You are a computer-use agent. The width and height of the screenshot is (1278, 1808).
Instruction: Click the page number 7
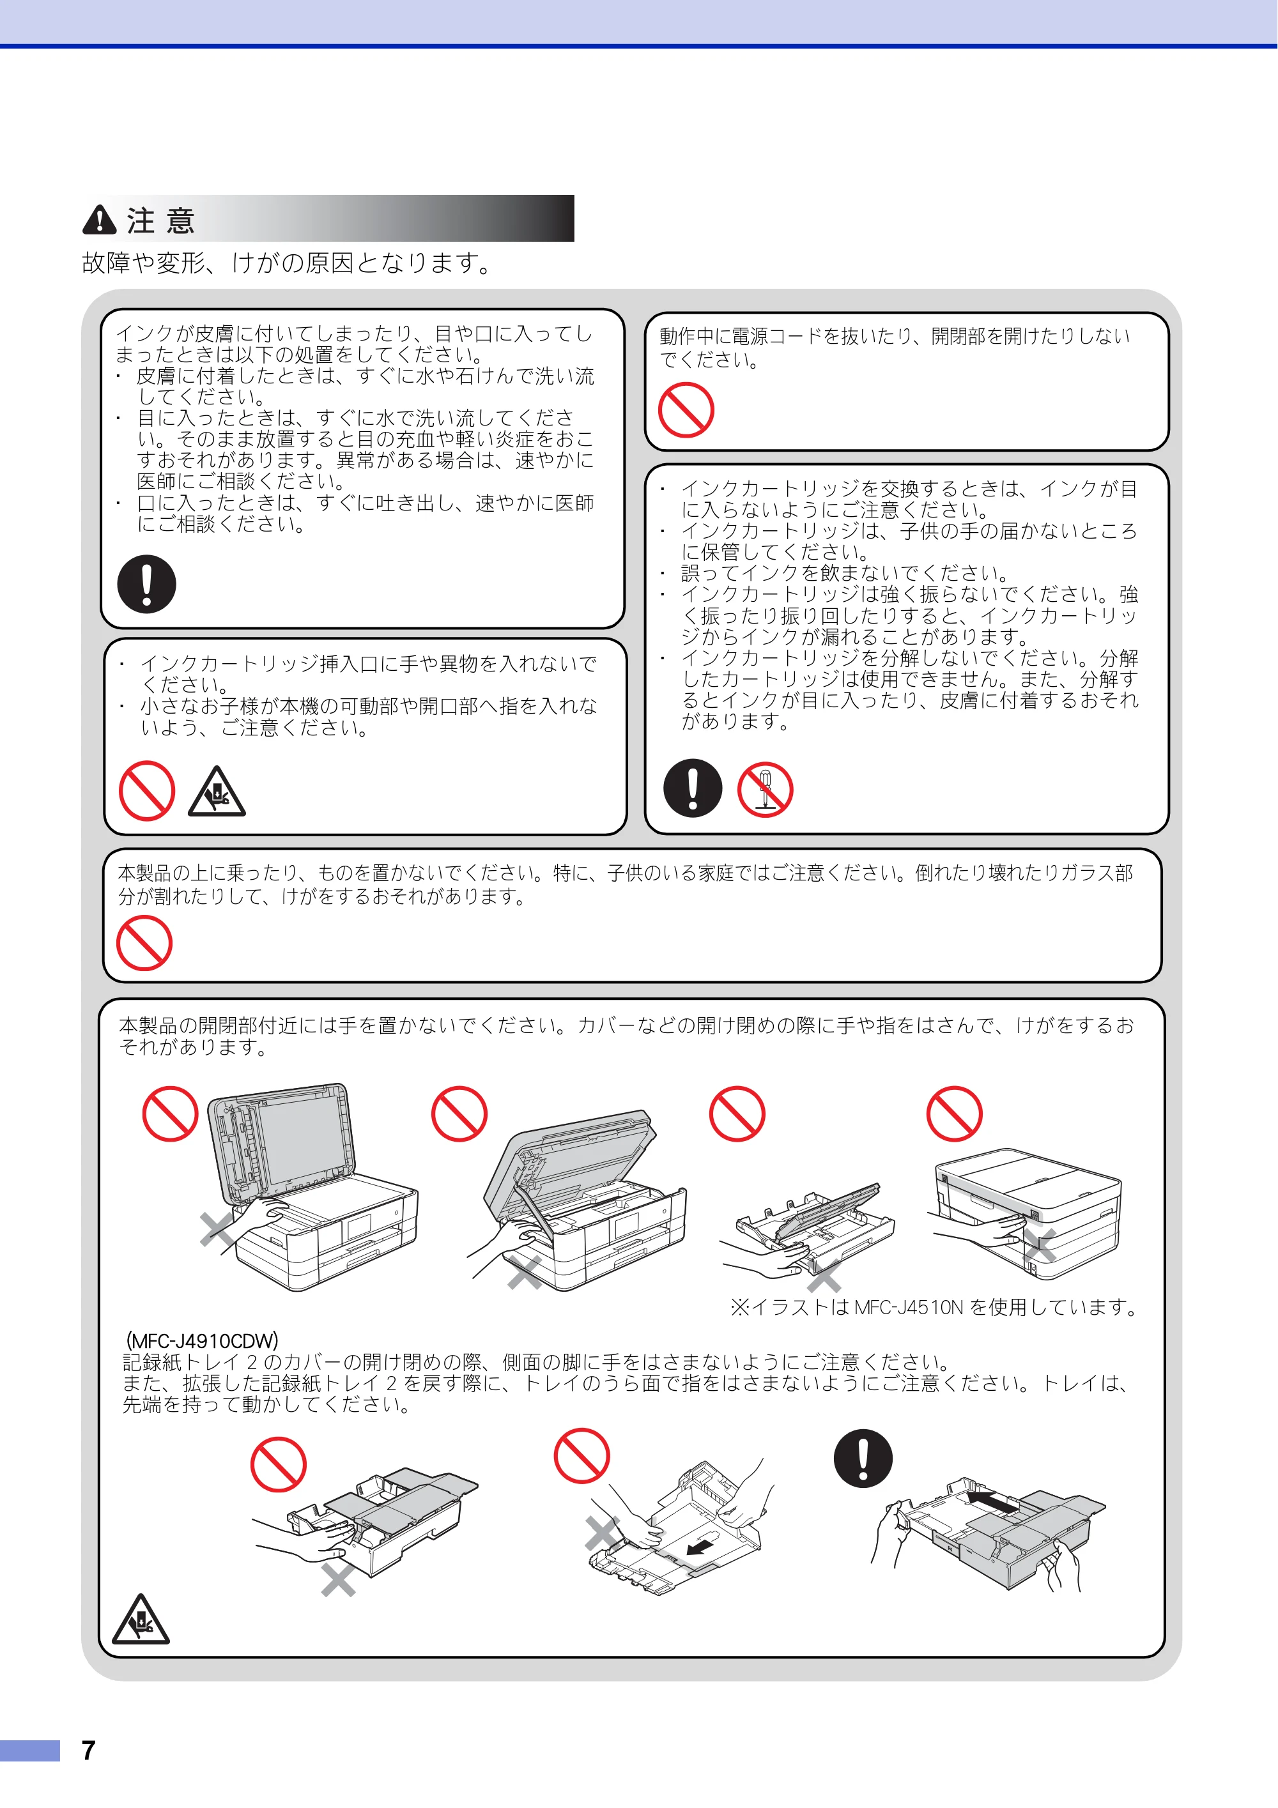click(88, 1751)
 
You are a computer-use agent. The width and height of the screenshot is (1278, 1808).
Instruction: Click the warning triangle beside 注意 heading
click(99, 220)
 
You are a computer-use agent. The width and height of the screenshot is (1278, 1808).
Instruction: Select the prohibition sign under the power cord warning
click(686, 410)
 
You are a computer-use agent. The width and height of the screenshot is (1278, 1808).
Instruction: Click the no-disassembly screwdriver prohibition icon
click(766, 790)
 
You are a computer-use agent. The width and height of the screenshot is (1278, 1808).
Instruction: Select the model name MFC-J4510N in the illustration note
click(909, 1308)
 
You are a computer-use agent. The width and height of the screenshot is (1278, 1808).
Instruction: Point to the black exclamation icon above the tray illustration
click(863, 1459)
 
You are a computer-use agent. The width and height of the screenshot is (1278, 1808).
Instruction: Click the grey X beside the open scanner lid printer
click(216, 1230)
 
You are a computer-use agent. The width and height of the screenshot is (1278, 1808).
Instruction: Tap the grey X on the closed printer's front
click(1040, 1244)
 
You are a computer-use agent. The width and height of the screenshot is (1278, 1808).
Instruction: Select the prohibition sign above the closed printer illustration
click(955, 1114)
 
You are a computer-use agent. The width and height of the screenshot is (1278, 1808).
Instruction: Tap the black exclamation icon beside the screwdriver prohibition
click(693, 788)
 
